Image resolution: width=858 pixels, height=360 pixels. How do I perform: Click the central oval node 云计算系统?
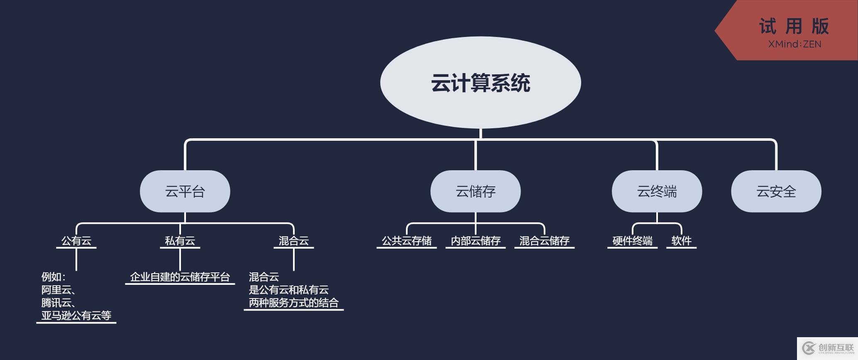click(x=480, y=83)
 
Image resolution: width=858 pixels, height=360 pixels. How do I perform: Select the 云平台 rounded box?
click(x=185, y=191)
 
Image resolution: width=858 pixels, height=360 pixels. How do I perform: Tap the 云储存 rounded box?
click(x=475, y=191)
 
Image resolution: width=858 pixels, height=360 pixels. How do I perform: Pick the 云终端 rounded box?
click(x=657, y=191)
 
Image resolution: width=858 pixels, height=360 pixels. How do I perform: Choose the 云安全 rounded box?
click(x=776, y=191)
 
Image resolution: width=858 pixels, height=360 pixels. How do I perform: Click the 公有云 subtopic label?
click(x=76, y=241)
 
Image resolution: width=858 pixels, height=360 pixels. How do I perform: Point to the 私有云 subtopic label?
click(x=180, y=241)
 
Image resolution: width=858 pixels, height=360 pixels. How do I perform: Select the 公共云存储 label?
click(x=406, y=241)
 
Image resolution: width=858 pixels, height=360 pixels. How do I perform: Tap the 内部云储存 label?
click(x=476, y=241)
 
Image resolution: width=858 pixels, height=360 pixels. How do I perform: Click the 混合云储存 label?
click(x=544, y=241)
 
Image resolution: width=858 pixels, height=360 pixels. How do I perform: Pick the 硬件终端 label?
click(x=632, y=241)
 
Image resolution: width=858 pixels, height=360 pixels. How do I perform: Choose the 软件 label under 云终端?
click(x=681, y=241)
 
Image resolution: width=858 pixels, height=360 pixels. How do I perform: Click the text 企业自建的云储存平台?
click(x=180, y=277)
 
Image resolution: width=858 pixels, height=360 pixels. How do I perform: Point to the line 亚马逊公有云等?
click(x=76, y=316)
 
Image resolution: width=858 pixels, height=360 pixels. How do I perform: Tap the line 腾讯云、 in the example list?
click(x=58, y=303)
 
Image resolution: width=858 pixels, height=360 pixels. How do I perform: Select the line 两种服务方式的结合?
click(x=293, y=303)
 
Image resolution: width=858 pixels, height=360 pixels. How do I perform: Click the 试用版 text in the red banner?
click(x=794, y=27)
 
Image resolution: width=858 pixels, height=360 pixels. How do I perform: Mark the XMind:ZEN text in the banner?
click(x=794, y=44)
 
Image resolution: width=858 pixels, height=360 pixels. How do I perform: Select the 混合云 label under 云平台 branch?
click(x=293, y=241)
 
